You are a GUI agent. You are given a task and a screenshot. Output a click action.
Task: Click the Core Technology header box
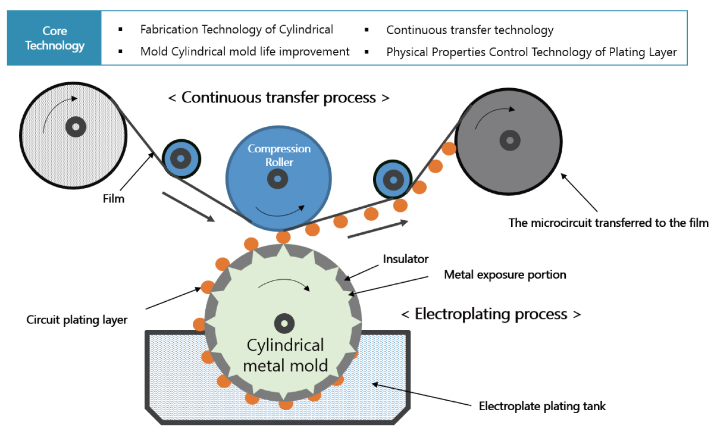click(55, 38)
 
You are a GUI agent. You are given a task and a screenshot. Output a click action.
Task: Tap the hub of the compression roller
click(277, 177)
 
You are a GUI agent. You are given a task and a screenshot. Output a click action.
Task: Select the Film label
click(113, 199)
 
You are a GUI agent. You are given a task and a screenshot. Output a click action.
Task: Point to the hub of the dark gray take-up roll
click(508, 140)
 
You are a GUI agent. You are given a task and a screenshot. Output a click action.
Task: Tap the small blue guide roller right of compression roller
click(392, 178)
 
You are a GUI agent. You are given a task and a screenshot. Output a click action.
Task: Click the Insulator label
click(406, 259)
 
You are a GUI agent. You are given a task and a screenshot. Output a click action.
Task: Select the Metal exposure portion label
click(505, 275)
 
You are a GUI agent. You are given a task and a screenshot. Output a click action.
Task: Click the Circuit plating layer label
click(77, 320)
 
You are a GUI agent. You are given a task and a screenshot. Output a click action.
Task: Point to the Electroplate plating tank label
click(542, 407)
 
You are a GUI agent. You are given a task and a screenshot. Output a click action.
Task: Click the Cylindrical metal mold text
click(285, 355)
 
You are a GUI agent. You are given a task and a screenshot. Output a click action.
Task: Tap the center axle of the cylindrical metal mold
click(284, 323)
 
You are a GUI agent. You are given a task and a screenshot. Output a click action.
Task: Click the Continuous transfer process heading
click(279, 98)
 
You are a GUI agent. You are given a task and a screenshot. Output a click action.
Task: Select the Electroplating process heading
click(490, 314)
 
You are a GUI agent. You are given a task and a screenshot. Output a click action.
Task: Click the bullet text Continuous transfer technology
click(469, 30)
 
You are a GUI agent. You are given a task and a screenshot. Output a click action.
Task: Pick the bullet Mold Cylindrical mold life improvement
click(245, 52)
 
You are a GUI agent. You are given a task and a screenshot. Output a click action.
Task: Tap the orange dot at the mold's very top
click(284, 236)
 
